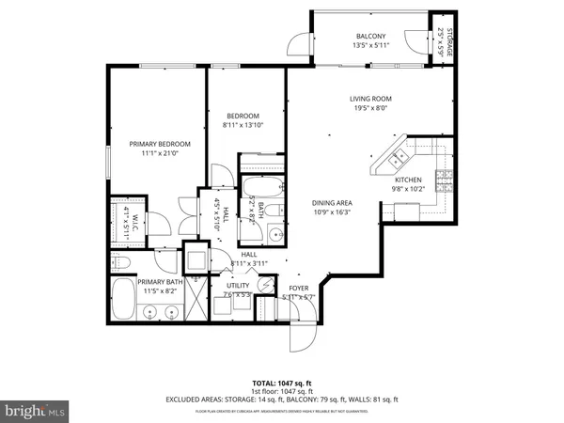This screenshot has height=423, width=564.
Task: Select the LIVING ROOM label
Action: [x=370, y=99]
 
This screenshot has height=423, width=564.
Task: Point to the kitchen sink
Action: [x=399, y=157]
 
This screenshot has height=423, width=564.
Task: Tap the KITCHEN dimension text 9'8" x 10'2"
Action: [x=408, y=189]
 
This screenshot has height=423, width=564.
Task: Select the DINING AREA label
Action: [x=332, y=202]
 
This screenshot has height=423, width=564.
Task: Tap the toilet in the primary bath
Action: [x=120, y=261]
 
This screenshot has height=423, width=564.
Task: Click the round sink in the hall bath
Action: [x=274, y=235]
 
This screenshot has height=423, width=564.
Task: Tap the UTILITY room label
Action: [x=237, y=285]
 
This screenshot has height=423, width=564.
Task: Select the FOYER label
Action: [x=299, y=289]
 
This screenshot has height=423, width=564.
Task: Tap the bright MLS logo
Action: [x=35, y=410]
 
